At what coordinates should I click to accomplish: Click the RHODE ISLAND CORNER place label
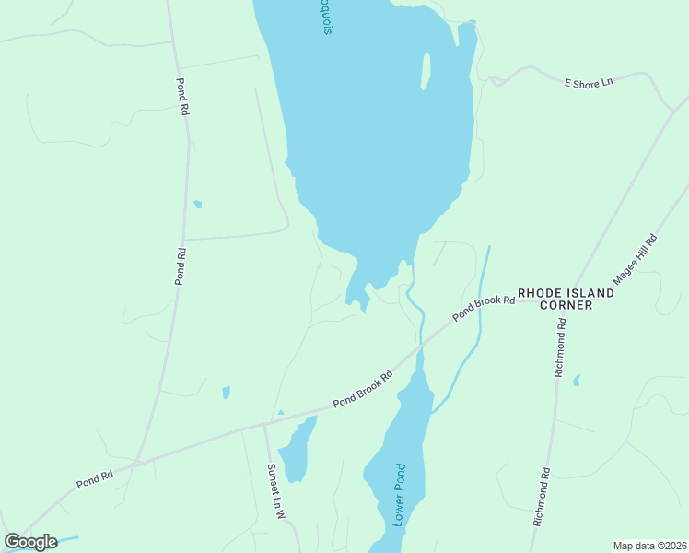[566, 299]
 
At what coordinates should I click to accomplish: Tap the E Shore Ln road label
[589, 82]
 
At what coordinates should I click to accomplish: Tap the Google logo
[30, 542]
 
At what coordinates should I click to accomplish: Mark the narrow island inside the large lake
[426, 71]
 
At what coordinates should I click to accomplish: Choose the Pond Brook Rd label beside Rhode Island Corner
[483, 307]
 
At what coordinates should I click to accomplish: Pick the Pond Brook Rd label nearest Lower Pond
[363, 389]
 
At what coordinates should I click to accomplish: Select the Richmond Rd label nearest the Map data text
[541, 497]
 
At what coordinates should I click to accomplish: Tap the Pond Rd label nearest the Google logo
[94, 478]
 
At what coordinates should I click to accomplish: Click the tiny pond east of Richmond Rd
[577, 380]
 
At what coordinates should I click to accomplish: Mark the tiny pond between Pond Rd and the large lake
[197, 204]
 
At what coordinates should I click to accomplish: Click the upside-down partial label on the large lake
[326, 17]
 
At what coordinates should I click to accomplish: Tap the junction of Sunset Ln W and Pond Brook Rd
[265, 425]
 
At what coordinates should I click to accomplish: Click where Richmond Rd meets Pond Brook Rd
[563, 299]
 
